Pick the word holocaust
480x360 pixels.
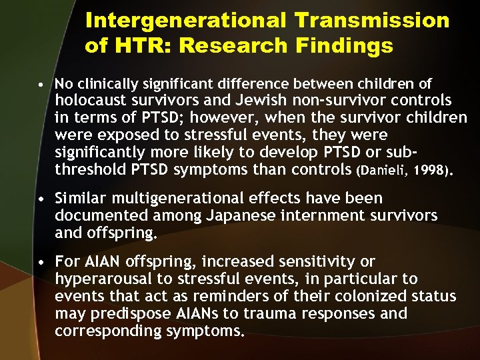(90, 101)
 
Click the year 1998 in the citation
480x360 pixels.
(433, 170)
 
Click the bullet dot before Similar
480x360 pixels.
(42, 199)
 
